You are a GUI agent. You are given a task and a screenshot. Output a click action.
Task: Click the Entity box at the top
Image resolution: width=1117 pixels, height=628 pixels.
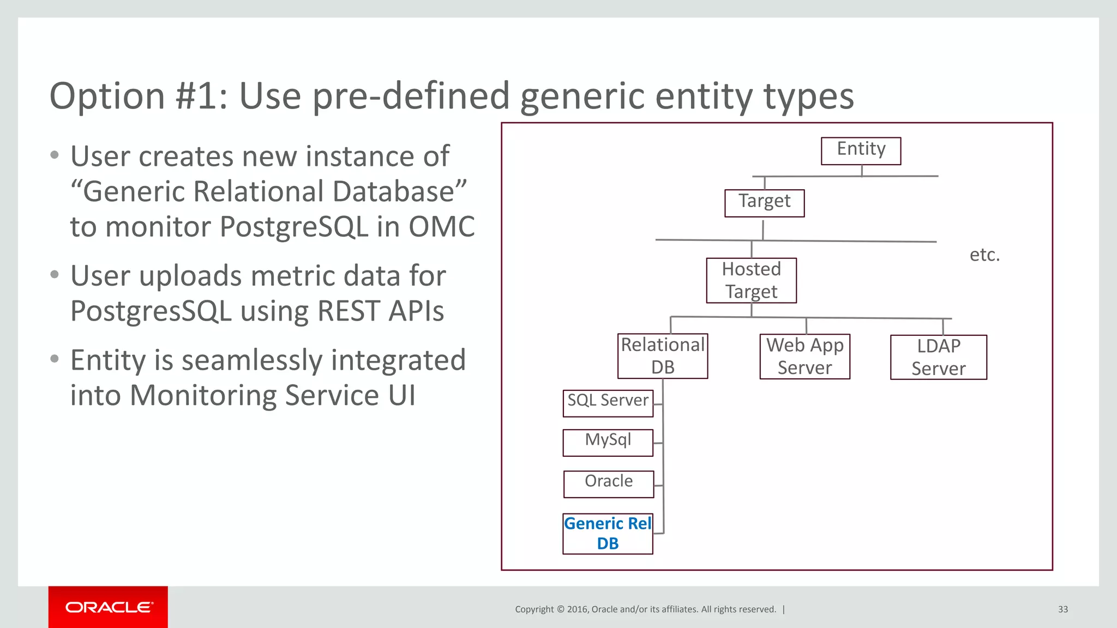[861, 150]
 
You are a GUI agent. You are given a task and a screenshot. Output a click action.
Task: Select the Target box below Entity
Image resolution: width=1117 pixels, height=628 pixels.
[764, 203]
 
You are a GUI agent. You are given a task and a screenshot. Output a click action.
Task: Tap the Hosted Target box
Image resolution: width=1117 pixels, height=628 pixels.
[751, 280]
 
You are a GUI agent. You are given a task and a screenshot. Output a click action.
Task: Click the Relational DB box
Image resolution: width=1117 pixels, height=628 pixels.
[663, 356]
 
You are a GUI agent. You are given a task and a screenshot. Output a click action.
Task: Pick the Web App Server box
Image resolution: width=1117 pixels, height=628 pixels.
[804, 357]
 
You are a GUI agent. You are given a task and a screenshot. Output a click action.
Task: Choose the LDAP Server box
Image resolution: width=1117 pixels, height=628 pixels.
[938, 357]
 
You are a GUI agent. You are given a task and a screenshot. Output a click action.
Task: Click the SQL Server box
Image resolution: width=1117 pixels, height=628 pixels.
[608, 403]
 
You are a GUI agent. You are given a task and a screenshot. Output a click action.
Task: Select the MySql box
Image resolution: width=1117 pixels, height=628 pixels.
[608, 442]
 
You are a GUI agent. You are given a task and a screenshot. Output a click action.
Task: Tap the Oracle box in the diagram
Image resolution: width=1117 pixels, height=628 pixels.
[608, 484]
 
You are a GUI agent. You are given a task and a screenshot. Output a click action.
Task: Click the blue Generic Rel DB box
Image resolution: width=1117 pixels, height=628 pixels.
[608, 534]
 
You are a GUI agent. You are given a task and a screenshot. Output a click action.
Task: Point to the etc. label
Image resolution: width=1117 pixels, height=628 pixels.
[984, 255]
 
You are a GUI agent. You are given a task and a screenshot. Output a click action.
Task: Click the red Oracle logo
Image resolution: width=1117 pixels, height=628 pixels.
[108, 607]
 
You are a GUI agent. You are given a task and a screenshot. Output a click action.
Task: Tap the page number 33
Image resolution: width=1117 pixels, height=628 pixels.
[1062, 609]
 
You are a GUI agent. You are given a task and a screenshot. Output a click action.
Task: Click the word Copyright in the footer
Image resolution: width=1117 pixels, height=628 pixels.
[534, 609]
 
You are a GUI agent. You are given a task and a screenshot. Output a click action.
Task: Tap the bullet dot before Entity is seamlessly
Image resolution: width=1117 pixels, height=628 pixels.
[54, 359]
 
